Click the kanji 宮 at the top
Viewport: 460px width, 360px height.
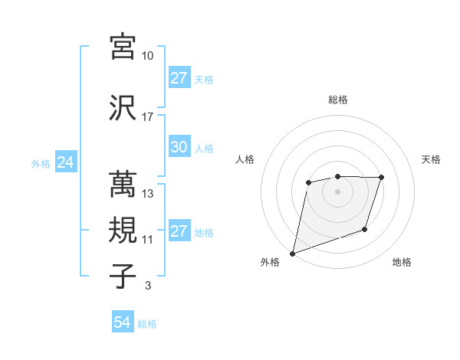pyautogui.click(x=124, y=47)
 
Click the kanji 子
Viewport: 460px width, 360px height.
pyautogui.click(x=124, y=276)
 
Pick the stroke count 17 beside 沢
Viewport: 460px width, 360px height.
pyautogui.click(x=148, y=116)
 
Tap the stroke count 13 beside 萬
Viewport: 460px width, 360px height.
pyautogui.click(x=148, y=194)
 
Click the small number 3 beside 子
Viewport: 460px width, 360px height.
pyautogui.click(x=147, y=286)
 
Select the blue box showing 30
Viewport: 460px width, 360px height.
pyautogui.click(x=179, y=148)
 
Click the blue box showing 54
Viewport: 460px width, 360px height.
pyautogui.click(x=123, y=323)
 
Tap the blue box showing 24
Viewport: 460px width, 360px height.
pyautogui.click(x=65, y=162)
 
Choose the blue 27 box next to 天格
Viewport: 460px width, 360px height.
pyautogui.click(x=179, y=78)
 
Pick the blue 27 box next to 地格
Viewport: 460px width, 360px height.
pyautogui.click(x=179, y=232)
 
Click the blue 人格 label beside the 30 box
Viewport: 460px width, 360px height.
pyautogui.click(x=204, y=149)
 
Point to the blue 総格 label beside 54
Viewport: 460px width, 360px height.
pyautogui.click(x=147, y=324)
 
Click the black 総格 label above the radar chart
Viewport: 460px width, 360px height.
pyautogui.click(x=337, y=100)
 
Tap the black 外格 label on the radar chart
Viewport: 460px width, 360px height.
pyautogui.click(x=270, y=263)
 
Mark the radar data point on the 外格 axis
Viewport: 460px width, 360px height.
pyautogui.click(x=292, y=253)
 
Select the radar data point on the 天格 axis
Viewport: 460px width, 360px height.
pyautogui.click(x=382, y=178)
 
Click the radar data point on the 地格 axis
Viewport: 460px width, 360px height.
pyautogui.click(x=366, y=229)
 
